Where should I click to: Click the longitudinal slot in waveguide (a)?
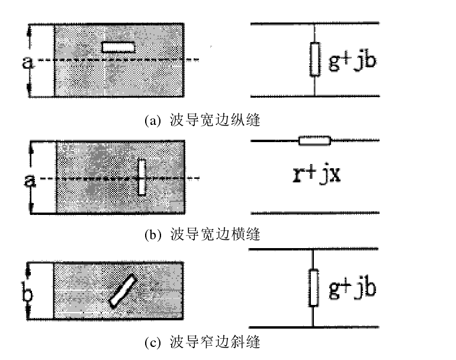(x=118, y=47)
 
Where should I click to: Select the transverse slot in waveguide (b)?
(x=142, y=176)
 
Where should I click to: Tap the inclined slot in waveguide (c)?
(x=123, y=291)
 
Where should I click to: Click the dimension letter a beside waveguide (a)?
(x=27, y=62)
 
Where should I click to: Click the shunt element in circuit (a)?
(x=314, y=60)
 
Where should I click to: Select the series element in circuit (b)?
(x=314, y=141)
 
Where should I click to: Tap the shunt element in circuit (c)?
(x=314, y=288)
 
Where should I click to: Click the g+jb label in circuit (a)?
(x=352, y=60)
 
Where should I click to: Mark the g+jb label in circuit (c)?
(x=352, y=288)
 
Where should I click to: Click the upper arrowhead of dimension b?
(x=28, y=265)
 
